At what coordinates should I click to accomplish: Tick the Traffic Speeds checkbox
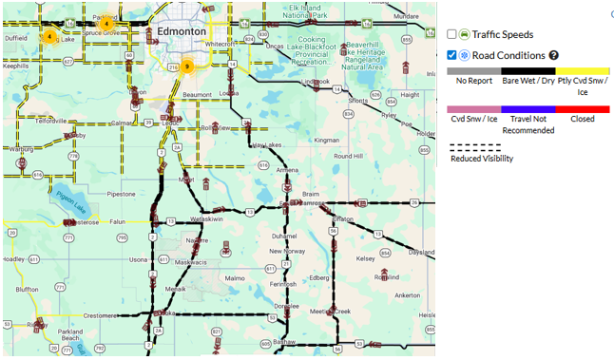(451, 34)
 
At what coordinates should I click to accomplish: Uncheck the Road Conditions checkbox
(451, 55)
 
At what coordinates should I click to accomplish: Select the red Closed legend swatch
(583, 110)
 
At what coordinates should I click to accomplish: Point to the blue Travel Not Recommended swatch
(528, 110)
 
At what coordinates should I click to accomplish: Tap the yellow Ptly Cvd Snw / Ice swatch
(583, 70)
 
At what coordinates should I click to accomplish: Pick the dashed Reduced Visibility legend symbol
(474, 147)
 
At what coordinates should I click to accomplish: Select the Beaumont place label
(196, 95)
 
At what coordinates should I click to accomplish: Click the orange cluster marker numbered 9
(187, 66)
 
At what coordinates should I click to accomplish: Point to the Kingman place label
(326, 140)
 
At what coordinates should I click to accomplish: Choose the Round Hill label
(348, 156)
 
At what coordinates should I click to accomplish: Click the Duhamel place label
(284, 235)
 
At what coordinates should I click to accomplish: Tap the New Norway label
(286, 251)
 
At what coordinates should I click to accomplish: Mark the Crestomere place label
(99, 314)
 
